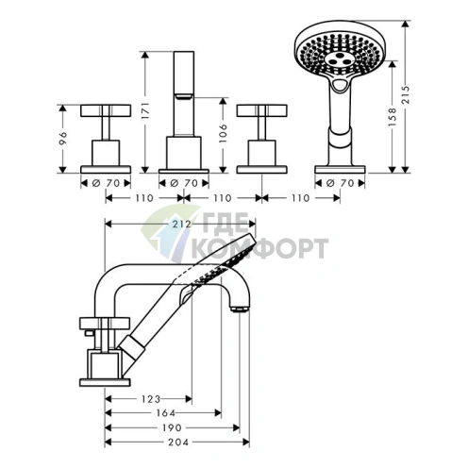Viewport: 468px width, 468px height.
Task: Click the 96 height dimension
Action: [63, 139]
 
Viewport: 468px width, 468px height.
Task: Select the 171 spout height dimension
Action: [145, 111]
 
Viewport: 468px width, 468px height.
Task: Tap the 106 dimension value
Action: [223, 133]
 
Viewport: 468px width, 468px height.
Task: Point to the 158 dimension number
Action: [393, 117]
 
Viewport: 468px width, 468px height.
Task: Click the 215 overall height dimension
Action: [406, 94]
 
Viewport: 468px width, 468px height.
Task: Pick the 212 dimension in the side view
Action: [182, 224]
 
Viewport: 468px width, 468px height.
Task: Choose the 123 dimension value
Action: [151, 399]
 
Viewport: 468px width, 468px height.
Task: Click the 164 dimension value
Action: [165, 412]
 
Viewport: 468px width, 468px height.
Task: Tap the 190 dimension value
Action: [172, 427]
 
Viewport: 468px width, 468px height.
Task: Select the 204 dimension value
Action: [178, 443]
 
